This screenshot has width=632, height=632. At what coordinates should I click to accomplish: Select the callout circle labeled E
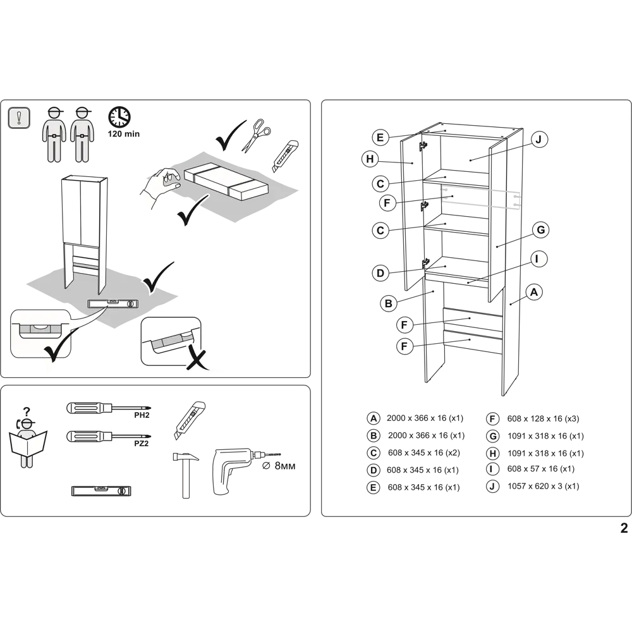coord(380,137)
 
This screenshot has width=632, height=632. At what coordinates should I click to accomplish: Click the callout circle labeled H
coord(370,159)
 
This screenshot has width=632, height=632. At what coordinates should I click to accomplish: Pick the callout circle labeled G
coord(540,230)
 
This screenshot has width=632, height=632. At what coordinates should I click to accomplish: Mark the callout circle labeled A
coord(534,292)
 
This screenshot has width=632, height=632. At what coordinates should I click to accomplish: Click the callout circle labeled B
coord(389,303)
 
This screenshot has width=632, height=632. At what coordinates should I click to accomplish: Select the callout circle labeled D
coord(380,273)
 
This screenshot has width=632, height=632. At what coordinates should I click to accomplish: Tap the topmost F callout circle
coord(387,204)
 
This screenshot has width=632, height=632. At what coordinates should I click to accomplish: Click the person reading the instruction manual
coord(27,439)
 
